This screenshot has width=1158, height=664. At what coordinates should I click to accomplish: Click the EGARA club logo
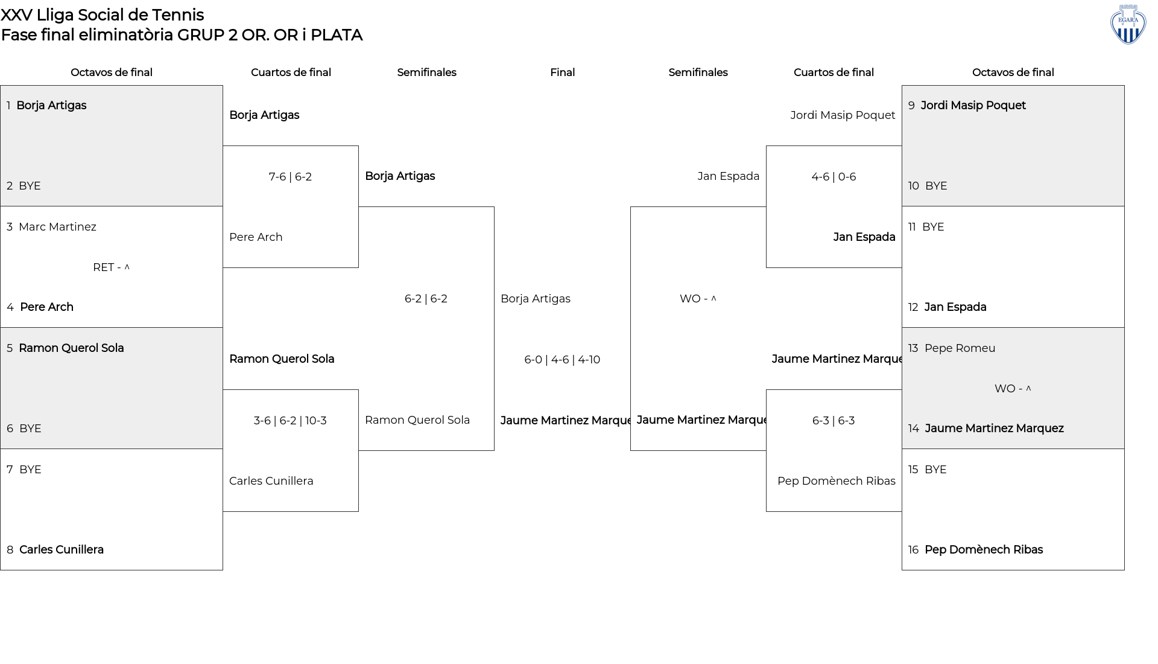tap(1128, 25)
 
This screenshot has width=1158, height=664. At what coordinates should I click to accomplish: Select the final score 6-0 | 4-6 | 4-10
tap(562, 360)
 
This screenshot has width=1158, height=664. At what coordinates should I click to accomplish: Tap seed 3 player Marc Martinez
tap(57, 227)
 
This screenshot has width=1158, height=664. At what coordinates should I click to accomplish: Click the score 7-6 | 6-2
tap(290, 177)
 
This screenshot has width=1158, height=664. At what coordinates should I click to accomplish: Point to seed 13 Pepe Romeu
tap(960, 348)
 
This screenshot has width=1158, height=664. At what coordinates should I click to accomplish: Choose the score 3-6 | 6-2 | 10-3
tap(290, 421)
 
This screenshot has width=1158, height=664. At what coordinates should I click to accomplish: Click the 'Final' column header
tap(562, 72)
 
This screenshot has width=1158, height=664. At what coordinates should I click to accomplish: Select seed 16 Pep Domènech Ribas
tap(984, 550)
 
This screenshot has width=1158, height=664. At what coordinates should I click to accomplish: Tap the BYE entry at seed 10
tap(936, 186)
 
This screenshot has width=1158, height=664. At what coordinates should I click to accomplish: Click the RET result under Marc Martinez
tap(111, 267)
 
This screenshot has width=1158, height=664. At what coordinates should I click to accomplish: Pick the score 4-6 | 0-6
tap(834, 177)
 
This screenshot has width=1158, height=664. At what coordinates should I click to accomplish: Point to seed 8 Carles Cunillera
tap(62, 550)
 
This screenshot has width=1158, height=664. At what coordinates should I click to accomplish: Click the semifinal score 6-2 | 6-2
tap(426, 299)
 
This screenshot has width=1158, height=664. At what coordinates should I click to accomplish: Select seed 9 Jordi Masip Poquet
tap(973, 106)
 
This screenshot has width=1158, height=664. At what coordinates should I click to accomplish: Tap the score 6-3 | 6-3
tap(834, 421)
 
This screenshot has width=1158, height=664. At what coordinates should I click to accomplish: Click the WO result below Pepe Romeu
tap(1013, 389)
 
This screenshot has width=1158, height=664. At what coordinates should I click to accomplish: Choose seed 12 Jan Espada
tap(955, 307)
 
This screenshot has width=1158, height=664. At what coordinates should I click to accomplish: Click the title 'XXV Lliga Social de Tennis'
tap(103, 15)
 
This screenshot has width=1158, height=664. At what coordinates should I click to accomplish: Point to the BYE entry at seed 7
tap(30, 470)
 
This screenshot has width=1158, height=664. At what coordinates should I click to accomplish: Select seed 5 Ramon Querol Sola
tap(71, 348)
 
